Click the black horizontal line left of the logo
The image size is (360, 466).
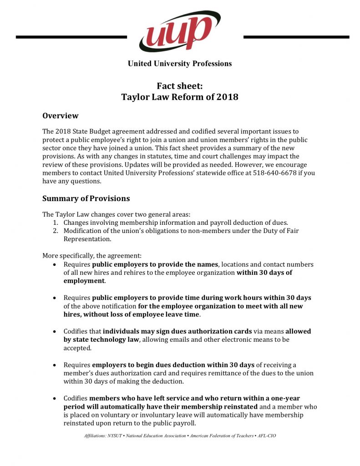(71, 37)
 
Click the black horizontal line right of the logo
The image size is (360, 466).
(296, 37)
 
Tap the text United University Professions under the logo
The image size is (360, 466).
(180, 64)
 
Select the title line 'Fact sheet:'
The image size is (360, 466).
(180, 86)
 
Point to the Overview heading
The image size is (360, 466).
(60, 116)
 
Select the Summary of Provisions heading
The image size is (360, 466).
(86, 198)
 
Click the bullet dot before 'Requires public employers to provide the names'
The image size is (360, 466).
(55, 264)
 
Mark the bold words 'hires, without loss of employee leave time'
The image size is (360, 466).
(132, 314)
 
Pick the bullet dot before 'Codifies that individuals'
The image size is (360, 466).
(55, 331)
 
